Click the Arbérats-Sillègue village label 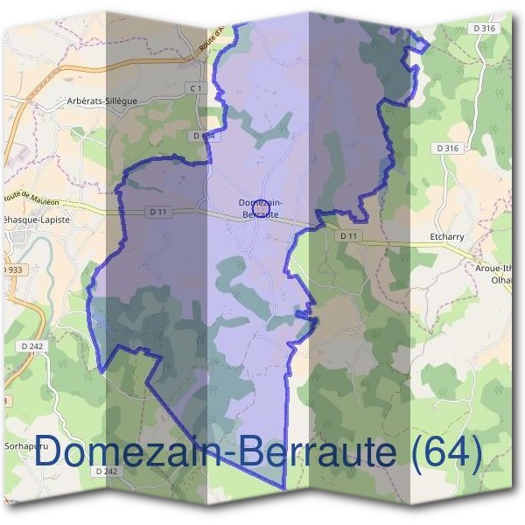click(102, 101)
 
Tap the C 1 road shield click(195, 88)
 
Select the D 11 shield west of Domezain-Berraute click(157, 212)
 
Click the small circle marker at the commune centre click(260, 211)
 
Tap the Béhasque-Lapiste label click(37, 219)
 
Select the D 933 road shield click(10, 269)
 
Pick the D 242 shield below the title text click(104, 471)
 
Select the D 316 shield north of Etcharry click(446, 149)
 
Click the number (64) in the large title click(449, 452)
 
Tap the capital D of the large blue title click(50, 452)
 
